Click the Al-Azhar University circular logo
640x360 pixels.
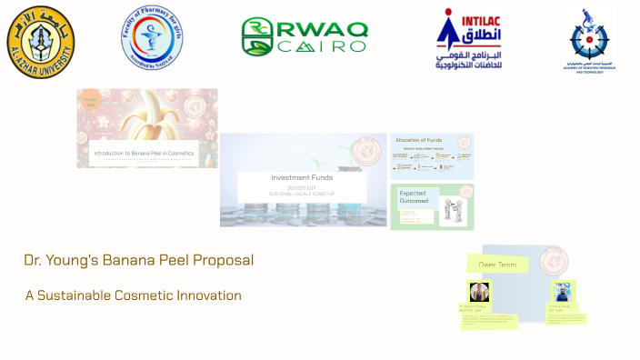41,41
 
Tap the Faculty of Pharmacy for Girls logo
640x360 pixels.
154,37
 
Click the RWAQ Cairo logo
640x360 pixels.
305,37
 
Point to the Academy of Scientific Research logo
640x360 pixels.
588,42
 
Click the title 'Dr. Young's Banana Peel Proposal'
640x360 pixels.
139,260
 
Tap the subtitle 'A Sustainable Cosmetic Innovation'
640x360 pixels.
134,295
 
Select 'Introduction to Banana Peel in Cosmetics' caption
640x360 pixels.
145,154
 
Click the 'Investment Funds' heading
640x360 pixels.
302,177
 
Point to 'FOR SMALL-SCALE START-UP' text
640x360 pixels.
302,195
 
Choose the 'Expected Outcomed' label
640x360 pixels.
414,197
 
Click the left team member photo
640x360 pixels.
479,292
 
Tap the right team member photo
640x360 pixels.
563,292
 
